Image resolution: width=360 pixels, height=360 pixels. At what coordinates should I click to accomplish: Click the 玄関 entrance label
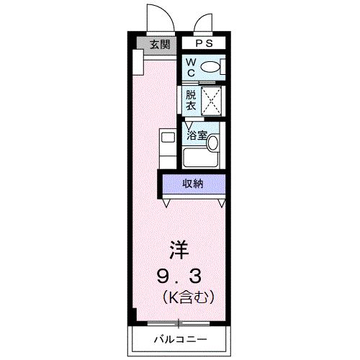(x=159, y=44)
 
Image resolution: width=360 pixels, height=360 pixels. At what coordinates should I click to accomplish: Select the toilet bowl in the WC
(x=210, y=67)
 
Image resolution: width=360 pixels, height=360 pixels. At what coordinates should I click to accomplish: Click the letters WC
(x=190, y=68)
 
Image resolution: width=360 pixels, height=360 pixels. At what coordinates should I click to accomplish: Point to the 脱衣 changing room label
(x=190, y=100)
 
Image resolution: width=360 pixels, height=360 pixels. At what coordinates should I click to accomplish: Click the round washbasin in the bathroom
(x=212, y=143)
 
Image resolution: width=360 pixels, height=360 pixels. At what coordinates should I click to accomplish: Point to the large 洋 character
(x=179, y=250)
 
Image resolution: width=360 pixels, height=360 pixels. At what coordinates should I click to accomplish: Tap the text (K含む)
(x=189, y=295)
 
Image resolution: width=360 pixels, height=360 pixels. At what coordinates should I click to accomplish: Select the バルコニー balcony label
(x=179, y=338)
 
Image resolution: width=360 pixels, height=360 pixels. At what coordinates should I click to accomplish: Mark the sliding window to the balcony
(x=180, y=322)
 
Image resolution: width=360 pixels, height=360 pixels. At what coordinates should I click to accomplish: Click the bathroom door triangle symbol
(x=188, y=123)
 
